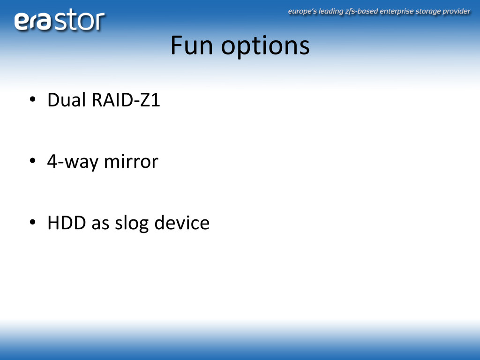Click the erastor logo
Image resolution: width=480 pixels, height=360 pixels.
60,20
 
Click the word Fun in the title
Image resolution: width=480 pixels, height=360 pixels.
192,45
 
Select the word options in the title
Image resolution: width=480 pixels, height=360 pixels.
265,47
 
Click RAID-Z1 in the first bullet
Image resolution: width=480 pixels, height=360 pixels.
126,100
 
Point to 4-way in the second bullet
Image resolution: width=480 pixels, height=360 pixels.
73,162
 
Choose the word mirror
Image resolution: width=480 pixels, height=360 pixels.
131,161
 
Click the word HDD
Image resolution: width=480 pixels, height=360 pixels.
67,223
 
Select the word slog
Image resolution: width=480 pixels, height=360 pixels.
132,223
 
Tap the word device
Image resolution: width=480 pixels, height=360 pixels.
182,222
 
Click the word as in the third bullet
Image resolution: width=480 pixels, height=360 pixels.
100,224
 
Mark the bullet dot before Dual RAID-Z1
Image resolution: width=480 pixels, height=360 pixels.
32,99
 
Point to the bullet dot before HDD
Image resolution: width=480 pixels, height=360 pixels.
32,222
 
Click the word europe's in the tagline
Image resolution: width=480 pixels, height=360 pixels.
302,12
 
